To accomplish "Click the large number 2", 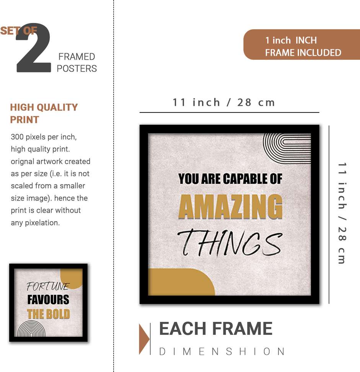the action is [x=34, y=47].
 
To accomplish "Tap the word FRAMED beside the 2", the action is [x=77, y=57].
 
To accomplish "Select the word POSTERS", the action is [x=77, y=69].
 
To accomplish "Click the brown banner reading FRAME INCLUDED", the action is [x=302, y=44].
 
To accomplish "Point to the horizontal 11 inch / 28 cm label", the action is [x=224, y=103].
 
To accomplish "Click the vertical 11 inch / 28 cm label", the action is [x=342, y=213].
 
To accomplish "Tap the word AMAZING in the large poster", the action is [x=231, y=207].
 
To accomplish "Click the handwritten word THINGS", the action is [x=230, y=243].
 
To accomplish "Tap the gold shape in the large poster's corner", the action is [x=181, y=282].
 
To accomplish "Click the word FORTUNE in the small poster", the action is [x=48, y=286].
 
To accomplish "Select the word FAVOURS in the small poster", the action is [x=48, y=299].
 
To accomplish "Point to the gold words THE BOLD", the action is [x=48, y=314].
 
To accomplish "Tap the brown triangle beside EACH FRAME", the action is [x=144, y=339].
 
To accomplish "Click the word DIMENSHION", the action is [x=222, y=351].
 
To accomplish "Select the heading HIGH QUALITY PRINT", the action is [x=44, y=113].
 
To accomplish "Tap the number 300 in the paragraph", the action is [x=17, y=137].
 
